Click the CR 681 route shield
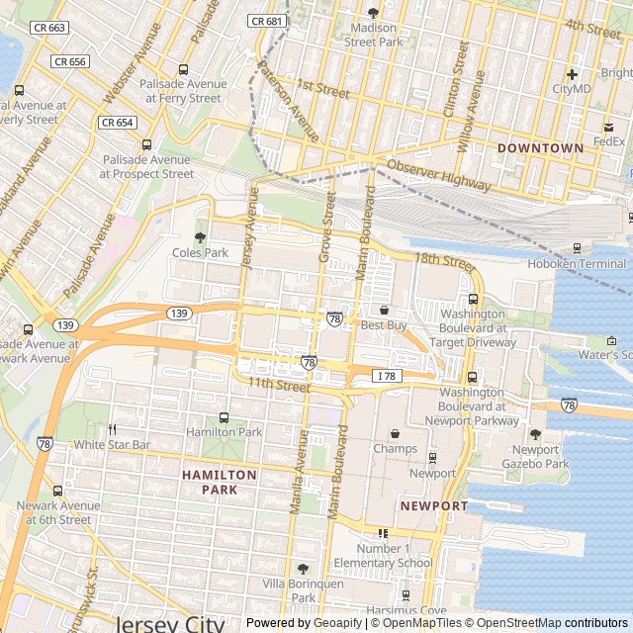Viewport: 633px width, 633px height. [267, 21]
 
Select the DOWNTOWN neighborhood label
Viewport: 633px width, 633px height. [540, 147]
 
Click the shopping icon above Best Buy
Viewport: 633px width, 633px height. [385, 311]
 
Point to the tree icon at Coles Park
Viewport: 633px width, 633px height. [200, 237]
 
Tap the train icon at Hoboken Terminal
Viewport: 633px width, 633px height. [578, 248]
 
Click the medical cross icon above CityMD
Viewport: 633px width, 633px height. [572, 74]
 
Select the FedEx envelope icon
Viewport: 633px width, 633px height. [609, 127]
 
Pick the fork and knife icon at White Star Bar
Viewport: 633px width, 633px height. [111, 430]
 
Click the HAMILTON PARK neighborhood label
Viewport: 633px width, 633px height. [220, 482]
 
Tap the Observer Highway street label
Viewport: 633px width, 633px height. [438, 175]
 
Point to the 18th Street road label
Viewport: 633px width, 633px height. [445, 261]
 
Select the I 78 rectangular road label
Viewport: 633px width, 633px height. [386, 375]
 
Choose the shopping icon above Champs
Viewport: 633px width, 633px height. [396, 433]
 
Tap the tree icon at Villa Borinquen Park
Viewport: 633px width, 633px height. [303, 569]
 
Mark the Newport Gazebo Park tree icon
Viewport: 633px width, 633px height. [535, 434]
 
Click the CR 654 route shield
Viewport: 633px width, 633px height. [117, 123]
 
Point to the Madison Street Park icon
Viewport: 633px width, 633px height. [373, 13]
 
